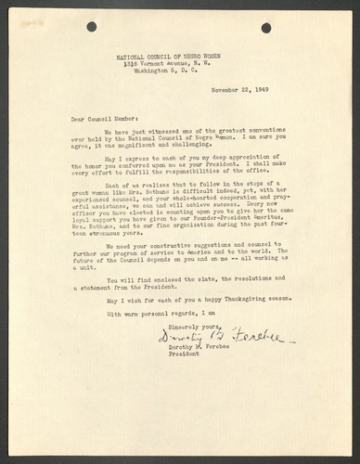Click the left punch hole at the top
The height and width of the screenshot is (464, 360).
[95, 28]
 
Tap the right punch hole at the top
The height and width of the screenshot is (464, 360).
[265, 28]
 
